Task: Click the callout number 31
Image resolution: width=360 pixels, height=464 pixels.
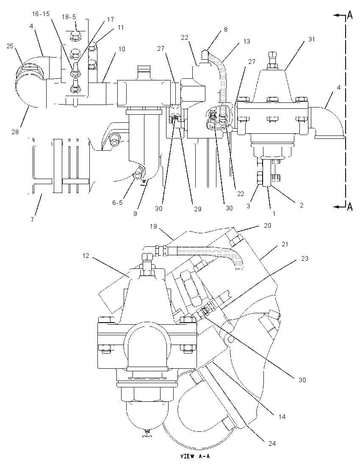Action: (x=311, y=39)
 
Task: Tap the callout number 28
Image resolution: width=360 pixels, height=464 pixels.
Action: (x=15, y=132)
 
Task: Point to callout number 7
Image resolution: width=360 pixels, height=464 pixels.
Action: (x=32, y=219)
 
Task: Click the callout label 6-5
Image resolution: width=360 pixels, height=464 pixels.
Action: (x=117, y=203)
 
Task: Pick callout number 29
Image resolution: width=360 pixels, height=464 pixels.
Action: (x=197, y=209)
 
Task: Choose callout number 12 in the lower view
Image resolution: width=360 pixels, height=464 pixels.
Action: (x=86, y=255)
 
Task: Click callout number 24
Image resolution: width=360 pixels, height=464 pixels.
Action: (x=272, y=443)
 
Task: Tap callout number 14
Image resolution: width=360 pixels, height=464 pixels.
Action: (x=282, y=417)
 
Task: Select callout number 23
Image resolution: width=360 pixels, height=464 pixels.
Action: (x=305, y=258)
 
